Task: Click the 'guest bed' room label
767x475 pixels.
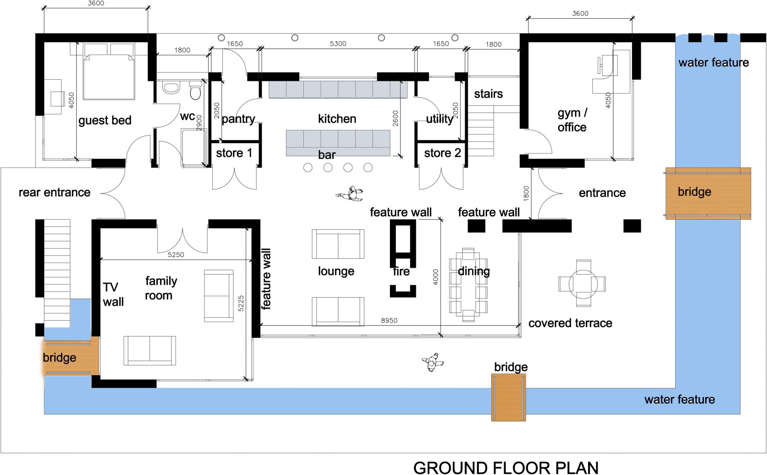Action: (105, 121)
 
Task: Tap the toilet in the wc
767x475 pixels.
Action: (195, 90)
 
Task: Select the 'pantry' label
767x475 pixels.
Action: (238, 119)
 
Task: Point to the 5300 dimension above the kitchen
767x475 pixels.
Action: (338, 43)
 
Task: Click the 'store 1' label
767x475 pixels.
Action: (234, 153)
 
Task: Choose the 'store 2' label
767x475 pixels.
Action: (442, 153)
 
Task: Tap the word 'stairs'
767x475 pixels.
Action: (488, 94)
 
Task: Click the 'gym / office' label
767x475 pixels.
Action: (572, 120)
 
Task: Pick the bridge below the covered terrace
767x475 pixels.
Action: (508, 397)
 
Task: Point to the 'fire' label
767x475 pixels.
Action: (401, 271)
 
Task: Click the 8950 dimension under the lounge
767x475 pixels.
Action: (389, 320)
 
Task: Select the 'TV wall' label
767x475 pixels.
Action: (113, 295)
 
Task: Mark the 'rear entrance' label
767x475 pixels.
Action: (55, 193)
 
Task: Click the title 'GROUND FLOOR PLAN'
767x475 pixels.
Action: (506, 468)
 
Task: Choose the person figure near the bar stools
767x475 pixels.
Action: (351, 194)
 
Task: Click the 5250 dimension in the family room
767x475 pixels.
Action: (176, 255)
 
